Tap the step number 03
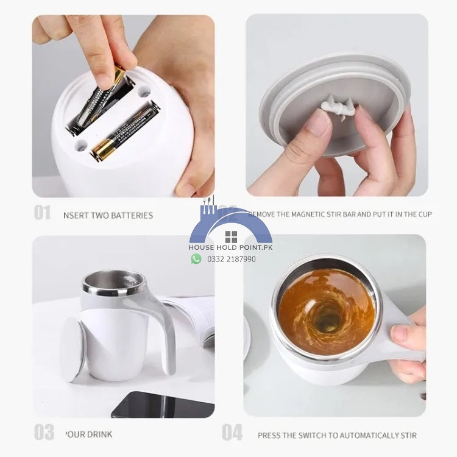pyautogui.click(x=43, y=433)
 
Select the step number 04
pyautogui.click(x=232, y=433)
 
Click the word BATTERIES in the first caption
pyautogui.click(x=131, y=215)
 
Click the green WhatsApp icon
pyautogui.click(x=196, y=258)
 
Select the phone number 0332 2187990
pyautogui.click(x=232, y=259)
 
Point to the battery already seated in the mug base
pyautogui.click(x=125, y=132)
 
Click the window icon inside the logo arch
pyautogui.click(x=231, y=237)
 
